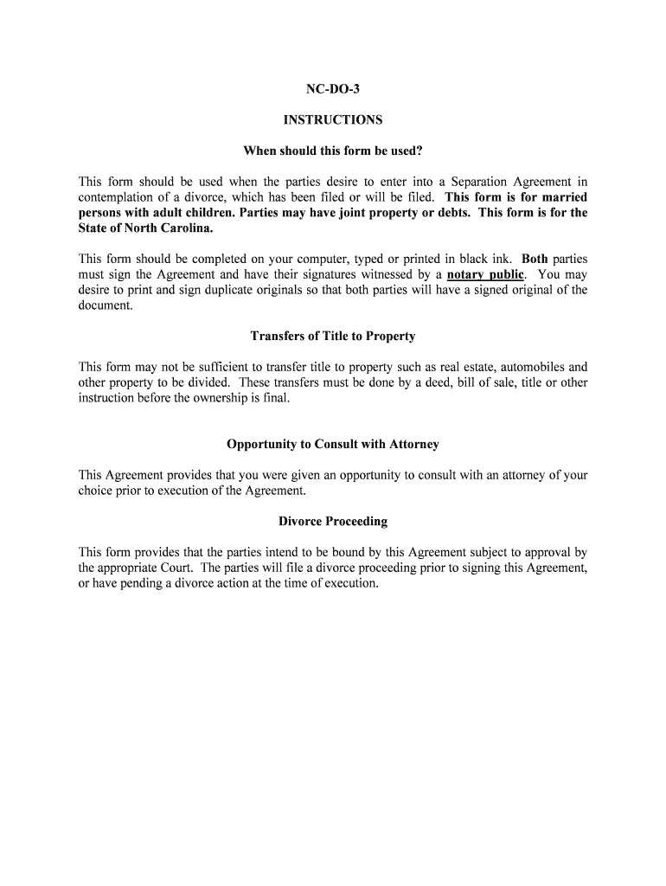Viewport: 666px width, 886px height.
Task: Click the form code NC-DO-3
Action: [x=333, y=89]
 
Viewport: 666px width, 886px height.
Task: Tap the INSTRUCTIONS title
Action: [x=333, y=120]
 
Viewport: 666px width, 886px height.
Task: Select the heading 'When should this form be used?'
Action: [x=333, y=151]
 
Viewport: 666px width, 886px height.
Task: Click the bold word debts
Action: [x=453, y=213]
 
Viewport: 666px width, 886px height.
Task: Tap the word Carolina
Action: [x=184, y=228]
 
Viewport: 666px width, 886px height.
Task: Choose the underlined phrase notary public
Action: [x=485, y=275]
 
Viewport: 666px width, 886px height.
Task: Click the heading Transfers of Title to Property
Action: [x=333, y=336]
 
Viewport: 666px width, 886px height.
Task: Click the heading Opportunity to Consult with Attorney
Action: [x=333, y=444]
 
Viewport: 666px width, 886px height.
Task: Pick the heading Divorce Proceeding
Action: [x=333, y=521]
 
